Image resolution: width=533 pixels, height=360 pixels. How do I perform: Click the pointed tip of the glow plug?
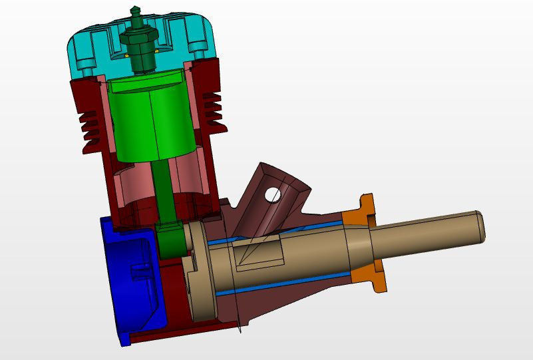tap(136, 10)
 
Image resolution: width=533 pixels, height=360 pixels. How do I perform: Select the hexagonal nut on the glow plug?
tap(140, 47)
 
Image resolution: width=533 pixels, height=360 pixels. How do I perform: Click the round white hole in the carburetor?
tap(272, 194)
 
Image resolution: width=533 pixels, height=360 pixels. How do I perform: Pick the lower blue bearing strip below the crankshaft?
tap(279, 283)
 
